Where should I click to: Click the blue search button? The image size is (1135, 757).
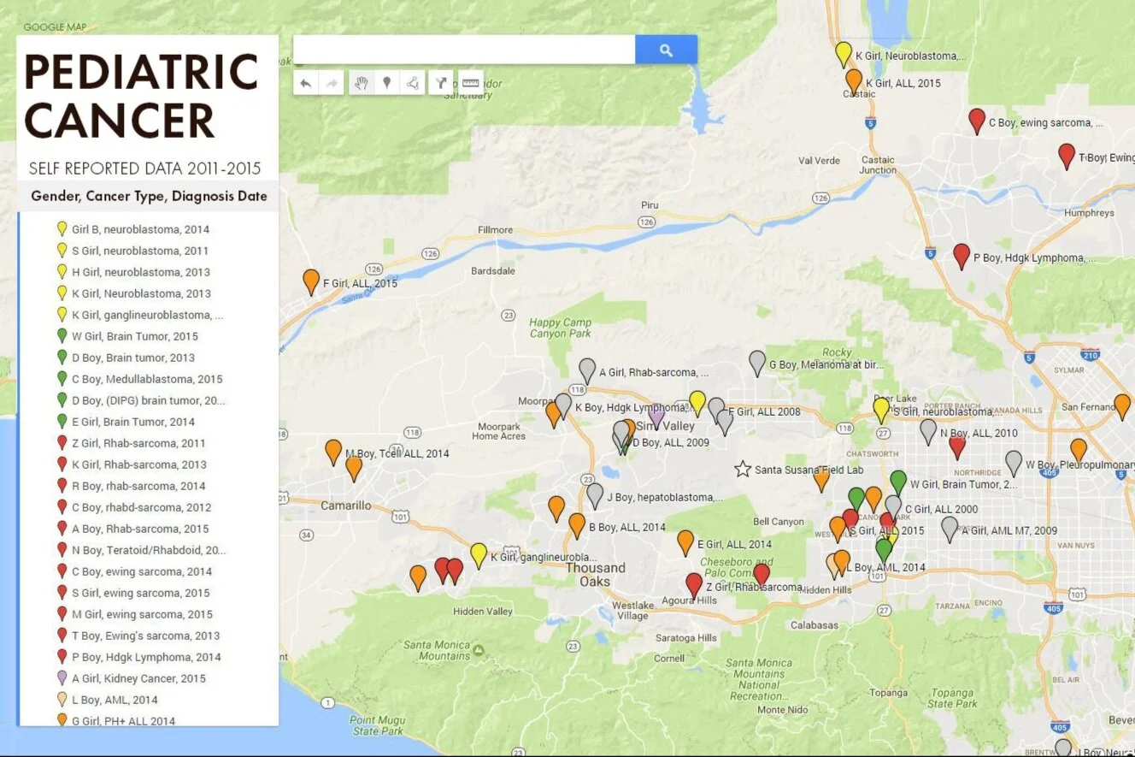tap(666, 50)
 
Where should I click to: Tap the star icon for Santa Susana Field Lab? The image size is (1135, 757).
tap(743, 469)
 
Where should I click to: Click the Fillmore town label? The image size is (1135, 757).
tap(495, 230)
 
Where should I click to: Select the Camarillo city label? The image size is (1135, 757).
tap(345, 506)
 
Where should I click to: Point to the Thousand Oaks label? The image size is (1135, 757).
tap(595, 575)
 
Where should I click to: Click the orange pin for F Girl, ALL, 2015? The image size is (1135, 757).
tap(311, 281)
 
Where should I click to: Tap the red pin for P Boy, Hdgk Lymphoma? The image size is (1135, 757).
tap(962, 255)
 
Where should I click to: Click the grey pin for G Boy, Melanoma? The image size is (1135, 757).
tap(757, 362)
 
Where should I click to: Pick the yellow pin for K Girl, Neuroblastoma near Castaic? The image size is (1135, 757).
tap(844, 53)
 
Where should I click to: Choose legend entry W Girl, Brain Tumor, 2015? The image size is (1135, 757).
tap(134, 336)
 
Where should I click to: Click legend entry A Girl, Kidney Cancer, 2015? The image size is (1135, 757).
tap(138, 678)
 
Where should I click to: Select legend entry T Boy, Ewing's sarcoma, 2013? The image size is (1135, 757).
tap(145, 636)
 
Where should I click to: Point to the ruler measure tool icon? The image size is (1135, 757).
tap(471, 82)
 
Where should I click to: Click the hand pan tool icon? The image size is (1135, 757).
tap(361, 82)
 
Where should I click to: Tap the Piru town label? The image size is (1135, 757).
tap(650, 205)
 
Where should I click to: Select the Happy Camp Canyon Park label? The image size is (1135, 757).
tap(560, 328)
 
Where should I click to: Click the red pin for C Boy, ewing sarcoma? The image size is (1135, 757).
tap(977, 121)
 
